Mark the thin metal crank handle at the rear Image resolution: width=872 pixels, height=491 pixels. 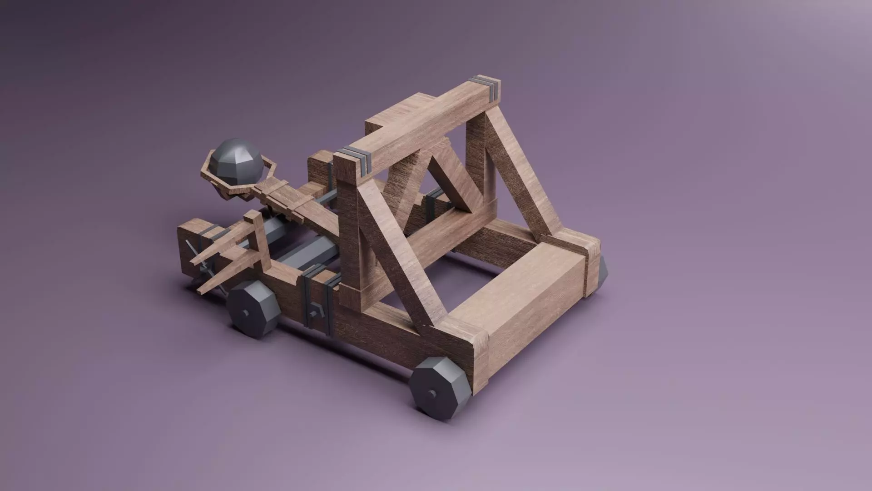tap(200, 264)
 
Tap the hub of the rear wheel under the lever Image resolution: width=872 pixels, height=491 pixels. tap(246, 313)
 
